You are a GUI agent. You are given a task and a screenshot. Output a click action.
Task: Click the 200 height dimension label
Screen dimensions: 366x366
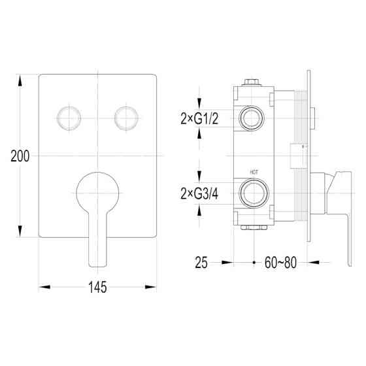pyautogui.click(x=20, y=156)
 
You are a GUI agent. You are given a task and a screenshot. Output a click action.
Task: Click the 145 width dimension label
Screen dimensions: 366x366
pyautogui.click(x=97, y=287)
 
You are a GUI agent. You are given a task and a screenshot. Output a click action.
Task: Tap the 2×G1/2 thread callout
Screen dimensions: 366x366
pyautogui.click(x=199, y=118)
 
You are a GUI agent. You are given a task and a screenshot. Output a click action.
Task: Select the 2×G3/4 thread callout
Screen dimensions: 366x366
pyautogui.click(x=199, y=193)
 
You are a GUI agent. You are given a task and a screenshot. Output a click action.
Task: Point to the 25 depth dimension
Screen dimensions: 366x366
pyautogui.click(x=201, y=263)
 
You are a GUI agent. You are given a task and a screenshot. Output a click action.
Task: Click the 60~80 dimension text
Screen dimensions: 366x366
pyautogui.click(x=280, y=263)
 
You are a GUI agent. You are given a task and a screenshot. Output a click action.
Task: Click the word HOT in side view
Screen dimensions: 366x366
pyautogui.click(x=254, y=173)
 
